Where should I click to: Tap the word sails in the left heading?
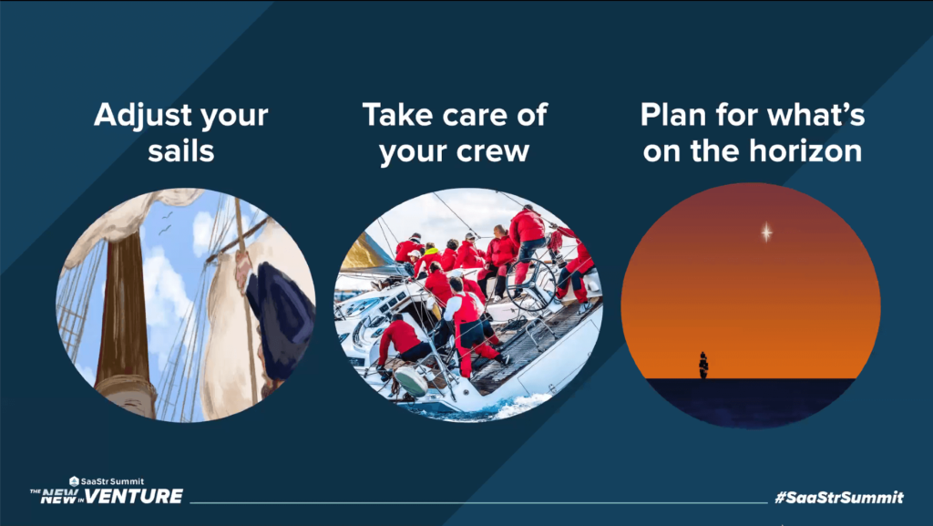[180, 150]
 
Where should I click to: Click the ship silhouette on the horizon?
[702, 365]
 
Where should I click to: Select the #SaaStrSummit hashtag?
[838, 498]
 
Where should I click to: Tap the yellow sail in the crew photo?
[364, 253]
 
